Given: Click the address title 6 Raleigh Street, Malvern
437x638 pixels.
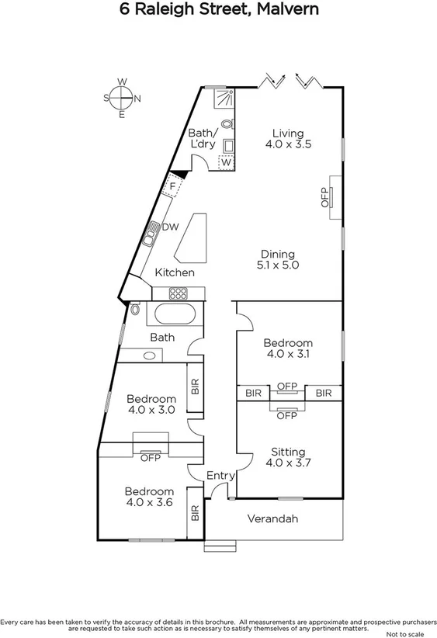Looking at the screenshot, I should (218, 10).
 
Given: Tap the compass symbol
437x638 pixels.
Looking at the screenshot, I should (122, 98).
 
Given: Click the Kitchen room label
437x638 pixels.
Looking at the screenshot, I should (175, 272).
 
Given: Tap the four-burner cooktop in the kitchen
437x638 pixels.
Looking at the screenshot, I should (179, 293).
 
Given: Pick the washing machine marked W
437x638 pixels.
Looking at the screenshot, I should (226, 162).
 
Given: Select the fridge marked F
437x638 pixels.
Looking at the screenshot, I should (172, 186).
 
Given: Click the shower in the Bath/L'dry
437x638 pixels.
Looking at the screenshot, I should (225, 97).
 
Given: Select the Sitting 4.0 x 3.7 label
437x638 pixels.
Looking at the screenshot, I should (288, 458).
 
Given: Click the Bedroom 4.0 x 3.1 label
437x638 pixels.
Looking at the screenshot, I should (288, 348).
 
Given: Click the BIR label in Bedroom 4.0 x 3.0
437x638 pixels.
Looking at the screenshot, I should (196, 386).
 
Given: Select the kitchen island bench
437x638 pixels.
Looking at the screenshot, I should (192, 239).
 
